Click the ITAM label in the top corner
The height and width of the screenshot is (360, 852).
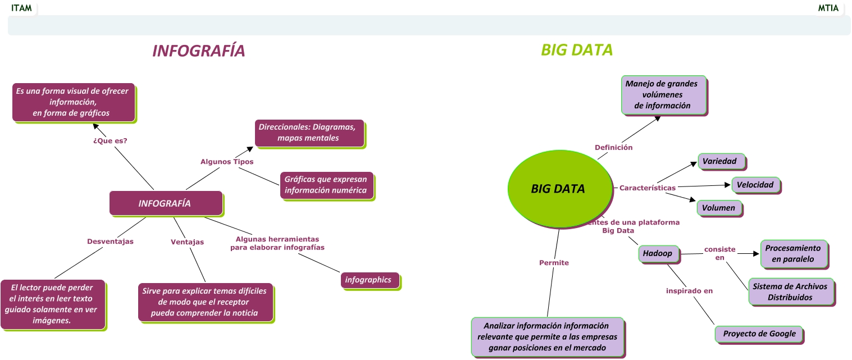pos(21,8)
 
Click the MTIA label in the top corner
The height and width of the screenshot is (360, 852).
pos(828,8)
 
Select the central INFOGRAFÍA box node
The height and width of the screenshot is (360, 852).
pos(165,203)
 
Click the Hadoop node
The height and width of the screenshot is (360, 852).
pos(658,254)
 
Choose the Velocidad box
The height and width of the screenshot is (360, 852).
pos(755,185)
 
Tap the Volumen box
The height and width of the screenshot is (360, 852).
pos(719,208)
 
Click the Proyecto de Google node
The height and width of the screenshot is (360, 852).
pos(759,334)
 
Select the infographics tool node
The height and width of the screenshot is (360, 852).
pos(369,280)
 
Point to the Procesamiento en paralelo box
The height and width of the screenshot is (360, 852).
pos(793,254)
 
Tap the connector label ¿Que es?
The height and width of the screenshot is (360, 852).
pos(110,141)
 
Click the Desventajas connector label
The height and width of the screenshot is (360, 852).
pos(110,241)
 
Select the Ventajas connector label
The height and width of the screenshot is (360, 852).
pos(187,242)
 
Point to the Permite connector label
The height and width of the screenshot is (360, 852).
pos(554,263)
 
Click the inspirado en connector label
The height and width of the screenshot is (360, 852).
pos(689,291)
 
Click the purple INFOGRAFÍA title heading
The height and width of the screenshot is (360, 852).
pos(198,51)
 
